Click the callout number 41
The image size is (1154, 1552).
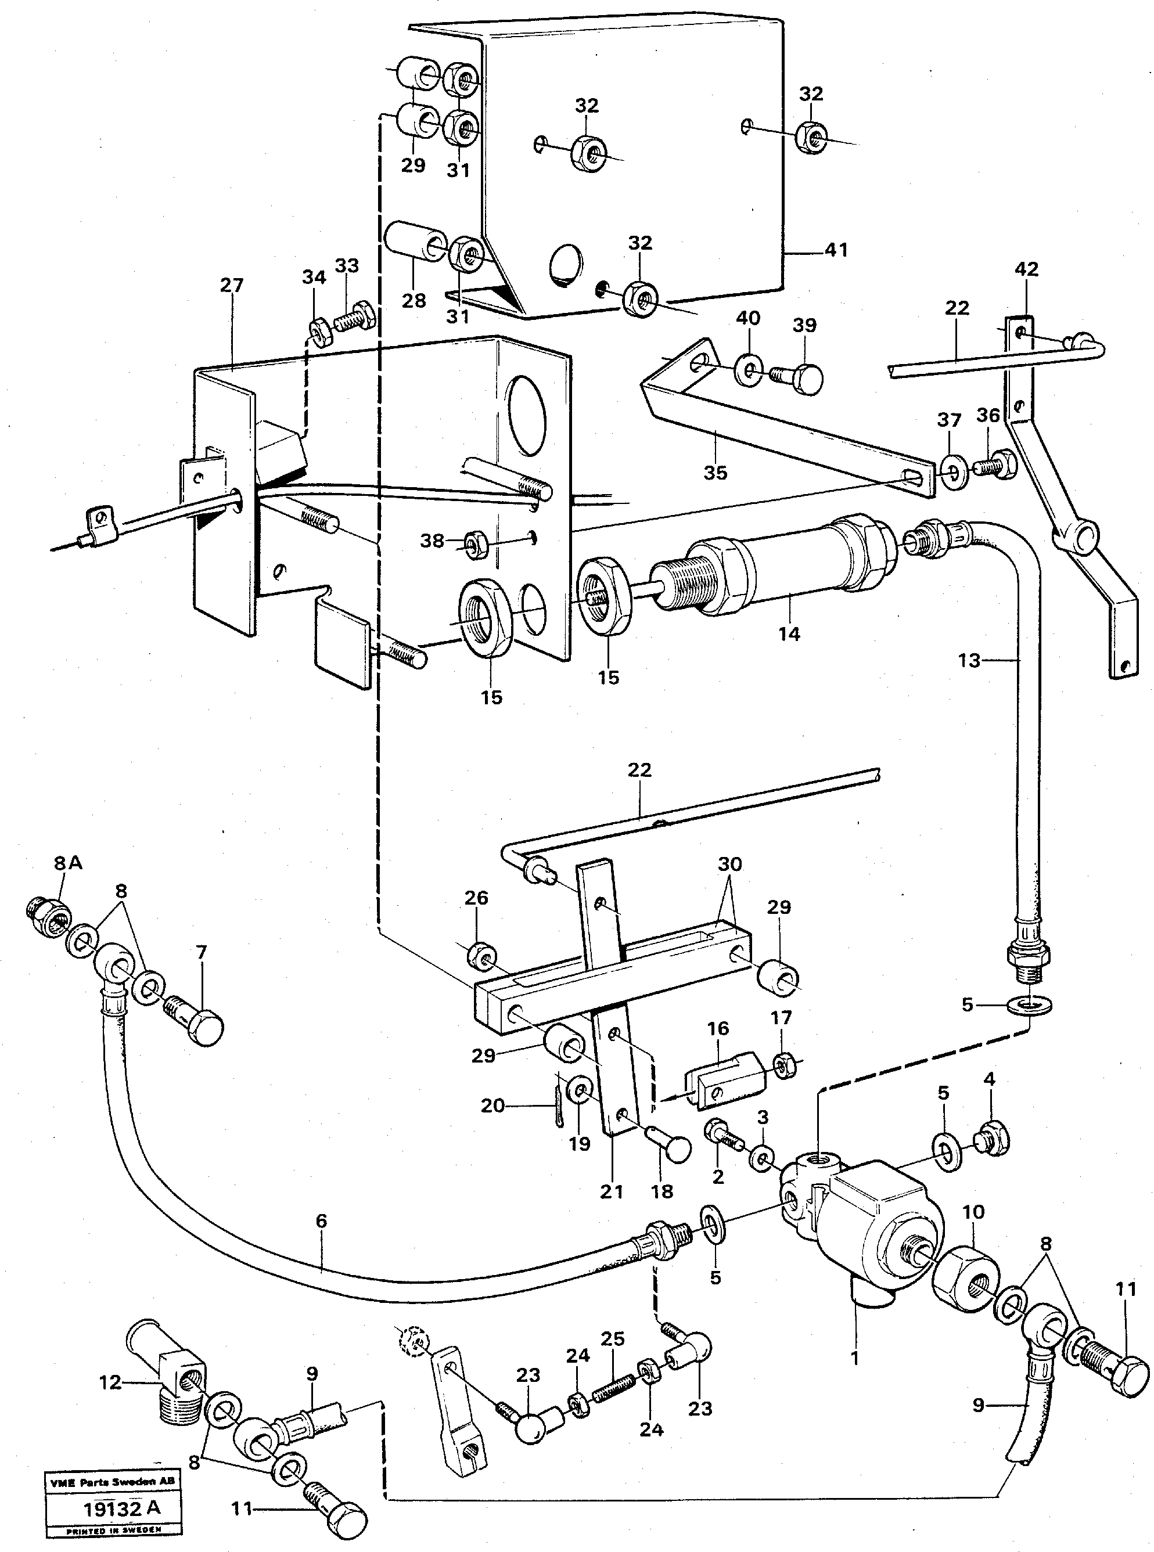click(836, 249)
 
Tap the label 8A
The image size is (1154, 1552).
click(68, 863)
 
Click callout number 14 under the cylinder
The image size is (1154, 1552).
click(789, 634)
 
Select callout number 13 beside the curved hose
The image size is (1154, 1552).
click(969, 660)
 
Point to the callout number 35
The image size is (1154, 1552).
click(716, 473)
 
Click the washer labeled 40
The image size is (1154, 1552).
click(748, 370)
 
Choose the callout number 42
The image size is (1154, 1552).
click(1026, 269)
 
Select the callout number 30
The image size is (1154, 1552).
click(730, 865)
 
